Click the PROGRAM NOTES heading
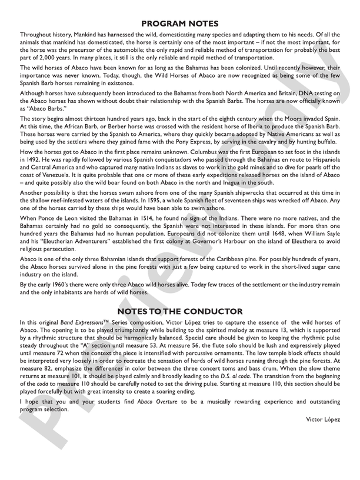[180, 24]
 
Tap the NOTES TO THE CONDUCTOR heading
[180, 309]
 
